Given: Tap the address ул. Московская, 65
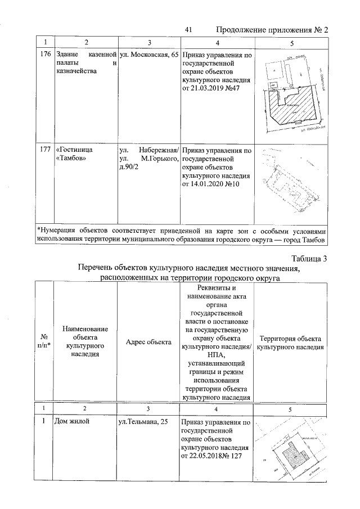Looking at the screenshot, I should [x=148, y=55].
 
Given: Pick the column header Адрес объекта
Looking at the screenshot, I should [x=148, y=343].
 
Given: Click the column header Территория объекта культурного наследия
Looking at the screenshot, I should [x=290, y=343].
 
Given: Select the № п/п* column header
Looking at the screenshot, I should [x=44, y=343].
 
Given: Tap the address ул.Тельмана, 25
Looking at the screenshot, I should [x=143, y=421].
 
